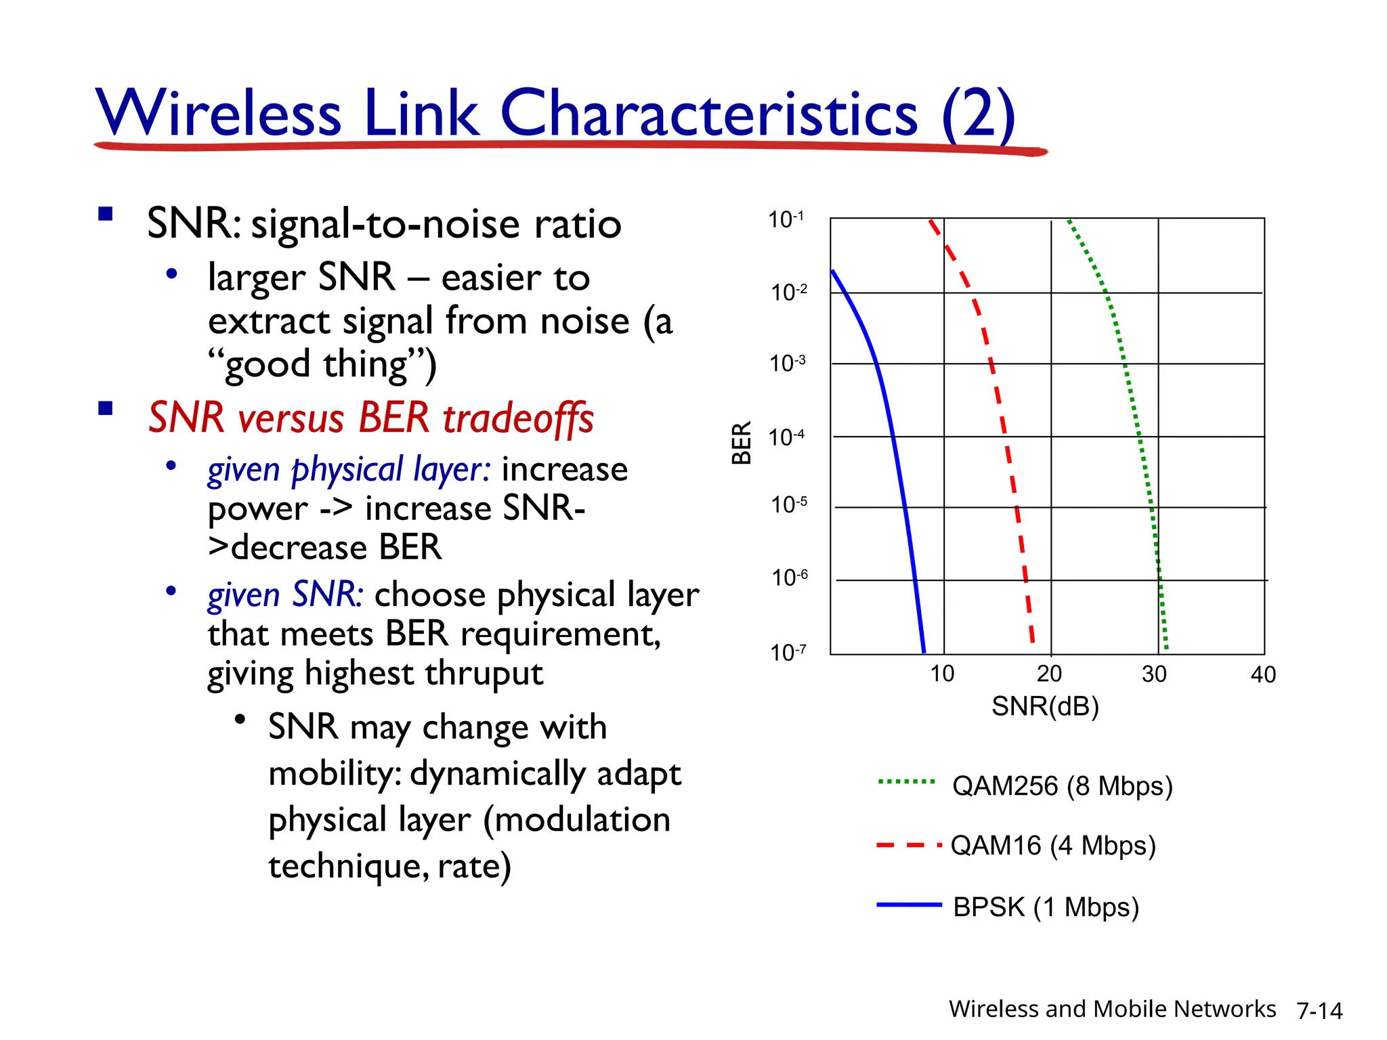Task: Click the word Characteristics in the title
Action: (708, 113)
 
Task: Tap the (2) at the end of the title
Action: (978, 113)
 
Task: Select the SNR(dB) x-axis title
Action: (1044, 706)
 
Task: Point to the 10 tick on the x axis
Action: (941, 674)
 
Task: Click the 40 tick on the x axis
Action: (1262, 674)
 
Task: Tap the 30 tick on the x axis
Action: (1154, 674)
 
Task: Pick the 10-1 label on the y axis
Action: (786, 219)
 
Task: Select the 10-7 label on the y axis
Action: (788, 653)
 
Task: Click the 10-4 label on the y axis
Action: (786, 437)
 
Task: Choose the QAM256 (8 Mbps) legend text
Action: (1062, 786)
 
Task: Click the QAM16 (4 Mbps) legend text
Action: (1052, 846)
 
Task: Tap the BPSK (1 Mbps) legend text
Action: (1046, 907)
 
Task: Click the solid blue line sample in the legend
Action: (908, 905)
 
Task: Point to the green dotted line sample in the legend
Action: (906, 781)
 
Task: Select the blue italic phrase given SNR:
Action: (285, 594)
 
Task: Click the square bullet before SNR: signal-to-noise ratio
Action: (105, 215)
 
